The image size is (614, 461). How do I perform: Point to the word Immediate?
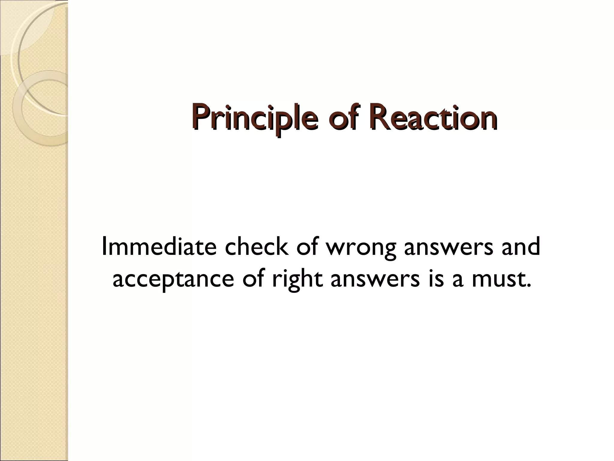(159, 247)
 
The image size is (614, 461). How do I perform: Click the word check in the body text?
(256, 247)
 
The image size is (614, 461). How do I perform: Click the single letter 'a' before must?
(458, 280)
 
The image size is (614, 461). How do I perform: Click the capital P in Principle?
(200, 118)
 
